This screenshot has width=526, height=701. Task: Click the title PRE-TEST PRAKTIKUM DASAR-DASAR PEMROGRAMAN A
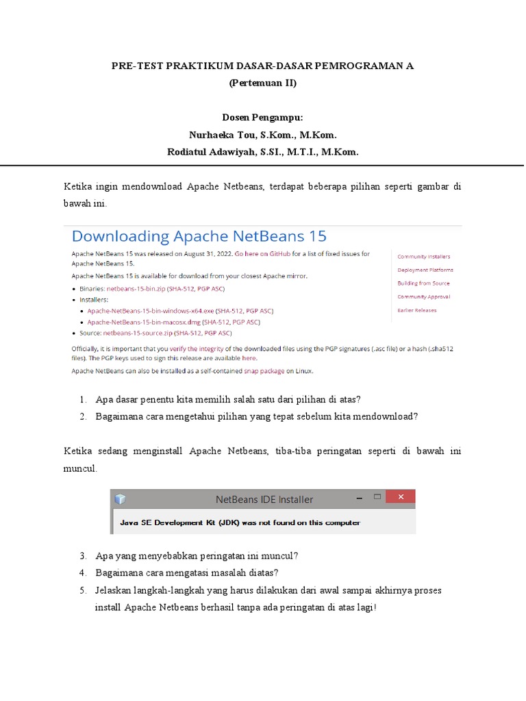pyautogui.click(x=263, y=66)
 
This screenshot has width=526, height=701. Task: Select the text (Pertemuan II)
pyautogui.click(x=263, y=84)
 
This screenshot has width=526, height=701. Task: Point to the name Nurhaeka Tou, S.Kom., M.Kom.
pyautogui.click(x=263, y=135)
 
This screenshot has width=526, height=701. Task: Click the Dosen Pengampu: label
pyautogui.click(x=263, y=118)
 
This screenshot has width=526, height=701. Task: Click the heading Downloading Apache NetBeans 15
pyautogui.click(x=199, y=237)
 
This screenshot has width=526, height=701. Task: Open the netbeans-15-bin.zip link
pyautogui.click(x=140, y=290)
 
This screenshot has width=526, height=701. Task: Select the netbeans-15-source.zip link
pyautogui.click(x=138, y=333)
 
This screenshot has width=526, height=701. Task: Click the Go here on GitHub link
pyautogui.click(x=263, y=254)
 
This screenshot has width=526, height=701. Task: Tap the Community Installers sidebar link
pyautogui.click(x=424, y=257)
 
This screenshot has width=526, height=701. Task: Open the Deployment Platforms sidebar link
pyautogui.click(x=425, y=270)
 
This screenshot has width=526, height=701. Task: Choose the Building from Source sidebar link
pyautogui.click(x=423, y=283)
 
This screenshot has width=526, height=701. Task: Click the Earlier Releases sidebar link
pyautogui.click(x=416, y=310)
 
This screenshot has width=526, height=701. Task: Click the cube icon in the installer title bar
pyautogui.click(x=121, y=499)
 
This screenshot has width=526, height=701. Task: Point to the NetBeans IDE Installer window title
pyautogui.click(x=264, y=499)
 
